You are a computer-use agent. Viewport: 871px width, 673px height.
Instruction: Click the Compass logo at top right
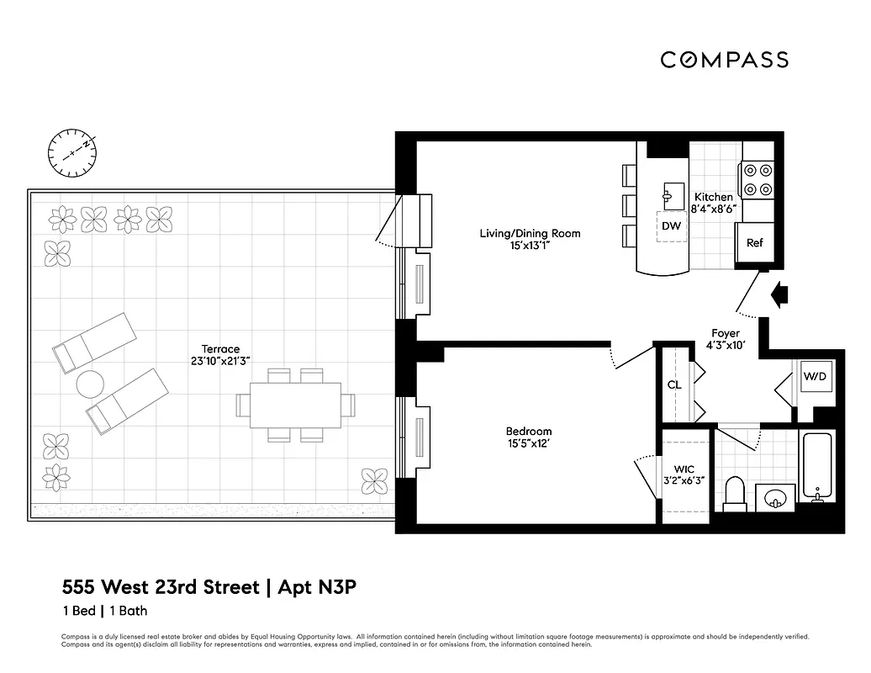coord(723,60)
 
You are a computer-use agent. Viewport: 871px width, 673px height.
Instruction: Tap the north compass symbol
coord(73,152)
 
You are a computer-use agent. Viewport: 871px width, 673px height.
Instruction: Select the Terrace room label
coord(220,354)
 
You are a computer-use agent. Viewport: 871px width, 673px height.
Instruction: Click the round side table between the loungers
coord(90,384)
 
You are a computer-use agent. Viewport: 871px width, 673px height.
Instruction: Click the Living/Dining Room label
coord(530,240)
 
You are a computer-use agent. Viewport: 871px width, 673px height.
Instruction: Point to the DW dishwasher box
coord(671,225)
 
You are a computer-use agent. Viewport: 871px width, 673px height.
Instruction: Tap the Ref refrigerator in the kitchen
coord(754,243)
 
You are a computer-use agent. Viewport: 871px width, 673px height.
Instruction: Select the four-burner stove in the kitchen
coord(757,179)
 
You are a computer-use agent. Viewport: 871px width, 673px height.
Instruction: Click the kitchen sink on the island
coord(673,195)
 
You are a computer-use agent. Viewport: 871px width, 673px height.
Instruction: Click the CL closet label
coord(673,385)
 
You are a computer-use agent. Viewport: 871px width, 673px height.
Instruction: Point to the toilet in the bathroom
coord(736,495)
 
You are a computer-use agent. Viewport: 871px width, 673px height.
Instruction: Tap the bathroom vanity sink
coord(773,498)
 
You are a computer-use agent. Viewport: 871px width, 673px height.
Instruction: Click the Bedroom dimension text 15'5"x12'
coord(529,443)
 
